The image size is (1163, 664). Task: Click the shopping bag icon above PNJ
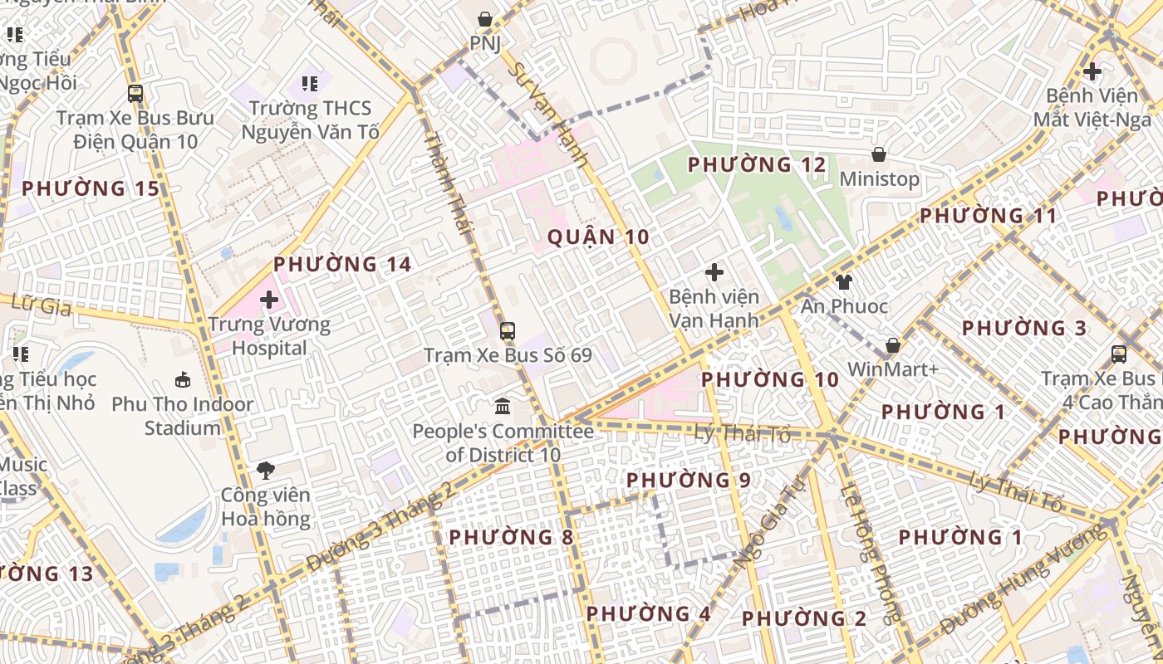click(485, 18)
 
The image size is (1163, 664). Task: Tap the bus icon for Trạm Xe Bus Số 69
click(507, 331)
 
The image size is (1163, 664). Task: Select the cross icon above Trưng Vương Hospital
click(269, 299)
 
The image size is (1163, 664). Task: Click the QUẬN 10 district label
click(597, 237)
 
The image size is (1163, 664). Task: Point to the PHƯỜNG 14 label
click(342, 265)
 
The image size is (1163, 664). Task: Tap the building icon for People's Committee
click(503, 407)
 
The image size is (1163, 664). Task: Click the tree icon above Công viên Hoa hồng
click(266, 471)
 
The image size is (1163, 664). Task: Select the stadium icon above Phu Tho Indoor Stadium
click(183, 379)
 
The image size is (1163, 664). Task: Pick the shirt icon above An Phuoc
click(844, 282)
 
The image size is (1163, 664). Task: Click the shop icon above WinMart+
click(893, 344)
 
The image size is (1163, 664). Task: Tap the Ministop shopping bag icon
click(878, 154)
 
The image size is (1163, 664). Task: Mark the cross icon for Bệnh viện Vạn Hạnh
click(714, 271)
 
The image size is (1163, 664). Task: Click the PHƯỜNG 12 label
click(757, 165)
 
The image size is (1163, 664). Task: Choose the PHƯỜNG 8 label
click(510, 538)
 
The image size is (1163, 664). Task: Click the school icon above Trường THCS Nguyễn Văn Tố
click(310, 83)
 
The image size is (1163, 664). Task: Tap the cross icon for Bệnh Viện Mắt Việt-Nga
click(1092, 71)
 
